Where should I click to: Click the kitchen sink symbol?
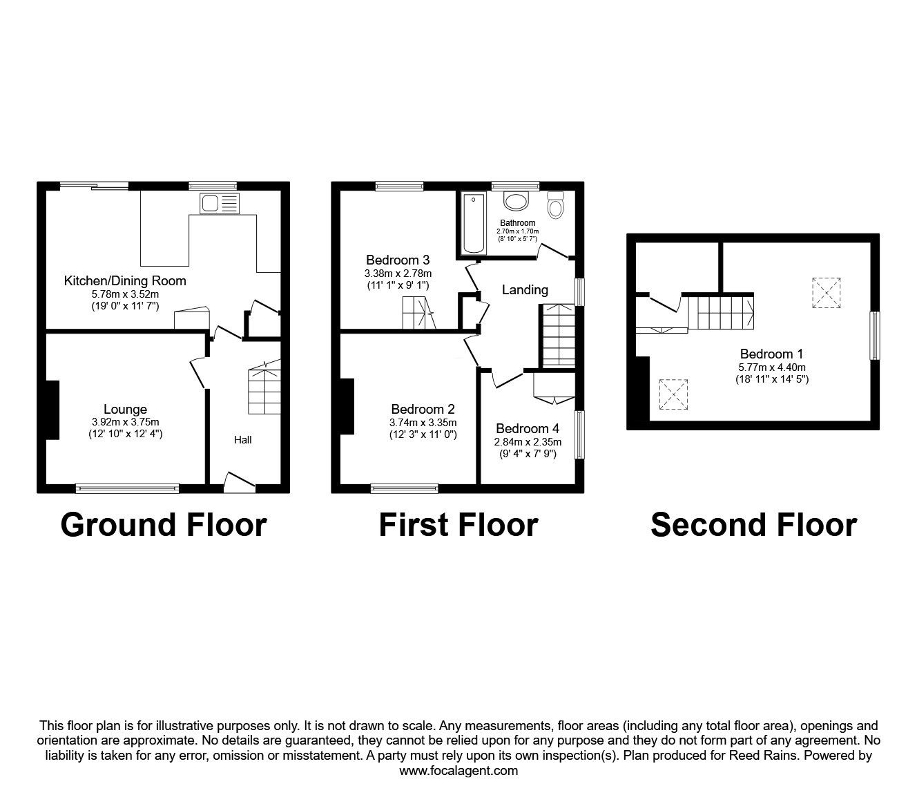pos(219,204)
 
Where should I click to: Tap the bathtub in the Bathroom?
pos(473,224)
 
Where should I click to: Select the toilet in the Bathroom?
pos(555,204)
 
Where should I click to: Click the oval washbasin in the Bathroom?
pos(515,202)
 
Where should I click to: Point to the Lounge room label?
pos(125,410)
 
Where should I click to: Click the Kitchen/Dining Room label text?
pos(125,280)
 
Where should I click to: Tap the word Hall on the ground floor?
pos(242,439)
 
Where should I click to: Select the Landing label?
pos(525,290)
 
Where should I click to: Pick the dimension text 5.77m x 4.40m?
pos(771,367)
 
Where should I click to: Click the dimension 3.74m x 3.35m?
pos(423,423)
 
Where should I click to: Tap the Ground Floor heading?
pos(163,525)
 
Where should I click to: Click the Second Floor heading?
pos(753,525)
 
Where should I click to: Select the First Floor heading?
pos(458,525)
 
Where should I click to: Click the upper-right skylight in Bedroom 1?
pos(827,291)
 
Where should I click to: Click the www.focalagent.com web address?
pos(458,771)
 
